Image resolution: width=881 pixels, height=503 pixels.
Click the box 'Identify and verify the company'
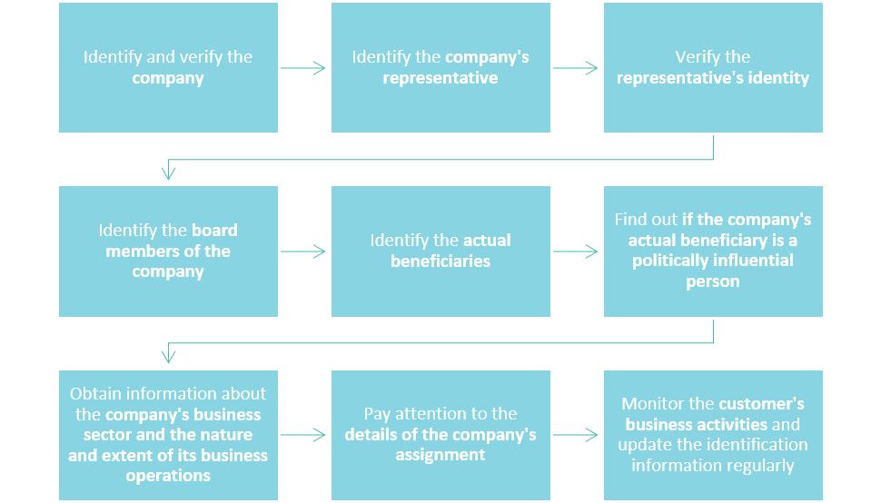pyautogui.click(x=168, y=68)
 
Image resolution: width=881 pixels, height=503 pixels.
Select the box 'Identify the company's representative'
pyautogui.click(x=440, y=68)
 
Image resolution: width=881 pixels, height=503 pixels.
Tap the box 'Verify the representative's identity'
pyautogui.click(x=713, y=68)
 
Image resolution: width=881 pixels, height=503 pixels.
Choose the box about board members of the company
pyautogui.click(x=168, y=251)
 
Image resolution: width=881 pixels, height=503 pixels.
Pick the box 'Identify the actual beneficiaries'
pyautogui.click(x=440, y=251)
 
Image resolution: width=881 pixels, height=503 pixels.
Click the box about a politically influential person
pyautogui.click(x=713, y=251)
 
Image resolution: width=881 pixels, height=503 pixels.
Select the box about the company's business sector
pyautogui.click(x=168, y=435)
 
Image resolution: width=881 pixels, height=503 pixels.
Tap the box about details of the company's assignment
pyautogui.click(x=440, y=435)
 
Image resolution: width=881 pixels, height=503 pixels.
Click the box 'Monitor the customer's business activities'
pyautogui.click(x=713, y=435)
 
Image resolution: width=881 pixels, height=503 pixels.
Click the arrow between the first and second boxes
pyautogui.click(x=303, y=68)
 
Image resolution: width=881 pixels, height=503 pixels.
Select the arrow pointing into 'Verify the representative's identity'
pyautogui.click(x=576, y=68)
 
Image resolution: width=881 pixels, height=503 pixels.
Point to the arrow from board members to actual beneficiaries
pyautogui.click(x=303, y=251)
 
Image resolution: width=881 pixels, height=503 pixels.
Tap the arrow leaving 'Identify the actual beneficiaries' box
pyautogui.click(x=576, y=251)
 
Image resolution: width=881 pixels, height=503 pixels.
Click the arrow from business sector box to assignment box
pyautogui.click(x=303, y=435)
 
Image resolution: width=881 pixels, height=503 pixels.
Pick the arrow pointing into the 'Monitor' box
pyautogui.click(x=576, y=435)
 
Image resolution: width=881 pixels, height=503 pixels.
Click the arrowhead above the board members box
pyautogui.click(x=168, y=172)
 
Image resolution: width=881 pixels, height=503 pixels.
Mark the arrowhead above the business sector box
pyautogui.click(x=168, y=355)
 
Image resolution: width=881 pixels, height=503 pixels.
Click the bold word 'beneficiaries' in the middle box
pyautogui.click(x=440, y=261)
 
